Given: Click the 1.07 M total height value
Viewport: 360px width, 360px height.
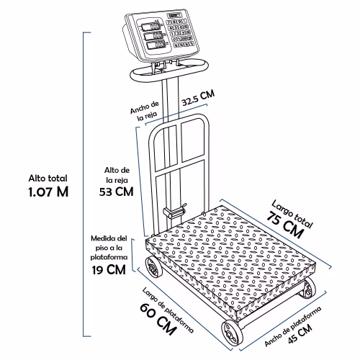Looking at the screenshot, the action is click(48, 192).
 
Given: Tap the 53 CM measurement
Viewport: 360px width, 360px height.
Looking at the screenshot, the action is click(117, 192).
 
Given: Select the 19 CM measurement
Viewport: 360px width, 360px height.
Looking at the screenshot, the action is click(109, 270).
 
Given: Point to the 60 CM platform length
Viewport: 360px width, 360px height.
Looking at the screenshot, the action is click(158, 319).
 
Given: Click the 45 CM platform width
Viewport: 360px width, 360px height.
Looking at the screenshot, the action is click(300, 333).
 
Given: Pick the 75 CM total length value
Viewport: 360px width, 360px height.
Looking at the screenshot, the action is click(285, 225).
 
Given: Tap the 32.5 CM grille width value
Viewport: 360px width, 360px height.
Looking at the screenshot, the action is click(198, 98).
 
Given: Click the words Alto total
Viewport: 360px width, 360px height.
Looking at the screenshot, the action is click(48, 179).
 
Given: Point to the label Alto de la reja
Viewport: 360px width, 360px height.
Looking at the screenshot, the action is click(117, 175).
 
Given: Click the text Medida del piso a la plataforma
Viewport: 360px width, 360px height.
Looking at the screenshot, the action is click(109, 248).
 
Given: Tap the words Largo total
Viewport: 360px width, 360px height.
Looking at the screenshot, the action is click(292, 214).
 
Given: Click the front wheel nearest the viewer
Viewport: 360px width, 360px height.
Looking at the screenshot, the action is click(232, 333).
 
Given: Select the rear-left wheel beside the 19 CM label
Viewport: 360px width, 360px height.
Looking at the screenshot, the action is click(153, 267).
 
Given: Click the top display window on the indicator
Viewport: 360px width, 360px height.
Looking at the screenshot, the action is click(150, 26).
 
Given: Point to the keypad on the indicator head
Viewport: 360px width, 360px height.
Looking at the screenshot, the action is click(180, 33).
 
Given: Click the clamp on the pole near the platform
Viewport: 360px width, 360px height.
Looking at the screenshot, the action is click(175, 211).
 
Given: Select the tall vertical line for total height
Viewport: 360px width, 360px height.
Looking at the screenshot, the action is click(84, 184).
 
